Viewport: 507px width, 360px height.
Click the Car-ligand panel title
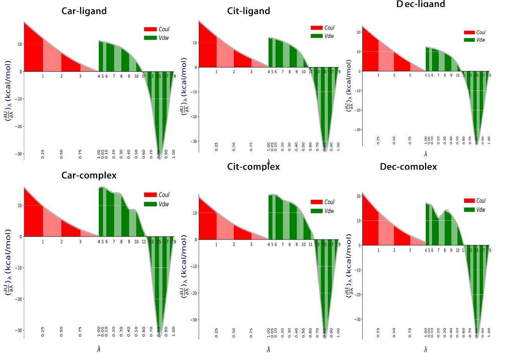point(84,11)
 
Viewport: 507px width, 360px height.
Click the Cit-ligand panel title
point(249,11)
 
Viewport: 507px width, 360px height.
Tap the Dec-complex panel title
point(408,167)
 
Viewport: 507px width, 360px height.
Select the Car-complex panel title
point(89,175)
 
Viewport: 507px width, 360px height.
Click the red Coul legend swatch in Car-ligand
point(150,29)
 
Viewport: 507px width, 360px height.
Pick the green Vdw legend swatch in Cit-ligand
point(317,36)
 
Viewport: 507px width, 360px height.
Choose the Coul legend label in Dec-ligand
point(481,32)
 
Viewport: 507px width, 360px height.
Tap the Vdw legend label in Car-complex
point(164,204)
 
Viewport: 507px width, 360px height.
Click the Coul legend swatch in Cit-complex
point(317,202)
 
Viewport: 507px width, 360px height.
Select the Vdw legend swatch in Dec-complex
point(470,210)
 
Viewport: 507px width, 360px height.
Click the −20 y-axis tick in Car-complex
point(18,299)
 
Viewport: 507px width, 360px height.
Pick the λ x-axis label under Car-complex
point(99,349)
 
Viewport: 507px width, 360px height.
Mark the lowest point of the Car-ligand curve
point(159,159)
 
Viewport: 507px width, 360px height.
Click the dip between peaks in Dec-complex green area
point(439,218)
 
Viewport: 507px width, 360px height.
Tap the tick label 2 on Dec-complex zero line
point(394,250)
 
